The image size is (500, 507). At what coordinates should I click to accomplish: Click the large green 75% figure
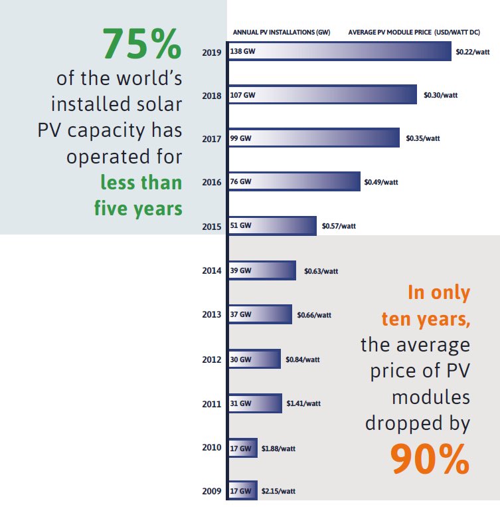click(x=141, y=45)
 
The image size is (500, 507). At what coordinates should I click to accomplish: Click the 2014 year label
click(x=212, y=270)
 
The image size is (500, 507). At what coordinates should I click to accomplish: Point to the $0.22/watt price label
click(x=472, y=51)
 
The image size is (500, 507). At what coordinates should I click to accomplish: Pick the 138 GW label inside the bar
click(x=243, y=51)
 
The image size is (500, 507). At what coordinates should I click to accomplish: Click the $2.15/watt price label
click(x=278, y=491)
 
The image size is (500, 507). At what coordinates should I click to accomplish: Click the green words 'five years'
click(x=138, y=208)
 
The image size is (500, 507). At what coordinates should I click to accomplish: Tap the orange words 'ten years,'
click(x=426, y=319)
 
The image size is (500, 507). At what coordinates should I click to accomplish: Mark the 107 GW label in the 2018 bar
click(x=243, y=95)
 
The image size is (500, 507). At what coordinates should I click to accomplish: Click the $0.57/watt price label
click(x=339, y=226)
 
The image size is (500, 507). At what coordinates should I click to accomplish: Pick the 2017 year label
click(x=212, y=139)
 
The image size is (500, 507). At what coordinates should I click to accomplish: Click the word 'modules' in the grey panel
click(x=431, y=397)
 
